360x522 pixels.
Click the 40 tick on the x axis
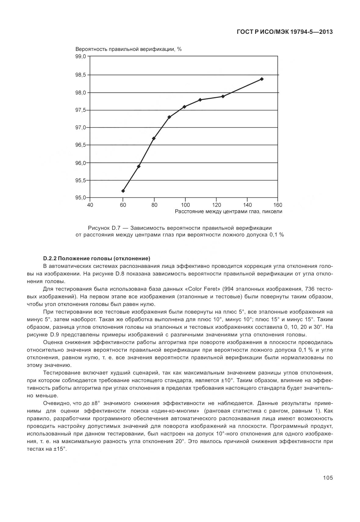tap(90, 205)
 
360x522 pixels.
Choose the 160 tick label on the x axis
tap(278, 205)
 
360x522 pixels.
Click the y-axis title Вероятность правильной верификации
tap(128, 49)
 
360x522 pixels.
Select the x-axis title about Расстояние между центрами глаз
tap(228, 211)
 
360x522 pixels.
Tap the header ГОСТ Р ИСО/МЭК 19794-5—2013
tap(284, 32)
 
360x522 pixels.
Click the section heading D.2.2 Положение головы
tap(97, 259)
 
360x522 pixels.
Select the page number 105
tap(328, 478)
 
